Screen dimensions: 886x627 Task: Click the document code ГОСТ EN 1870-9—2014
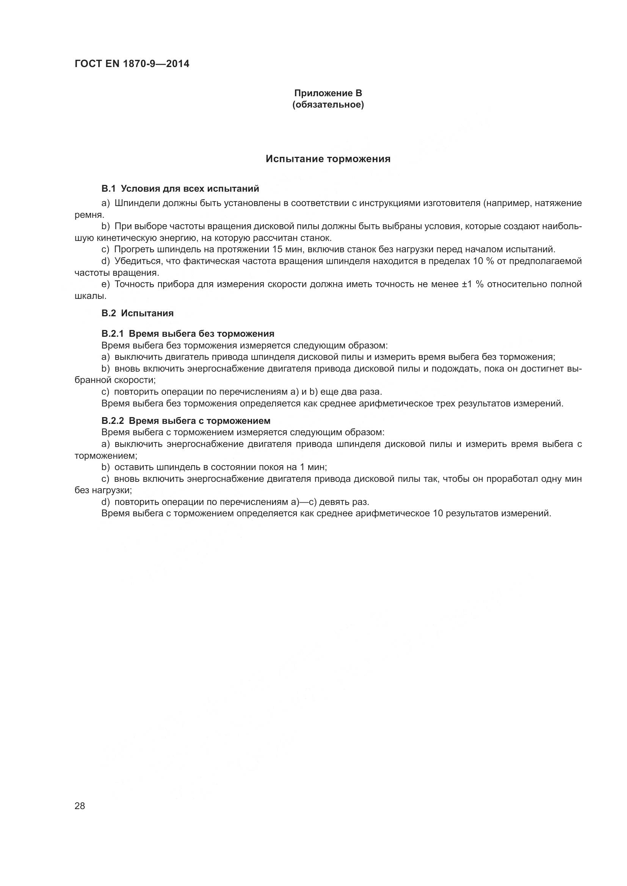pos(132,64)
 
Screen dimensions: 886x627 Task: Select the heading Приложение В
pos(328,93)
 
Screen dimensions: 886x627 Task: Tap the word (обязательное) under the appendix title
pos(328,105)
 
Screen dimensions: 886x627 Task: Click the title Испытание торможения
pos(328,159)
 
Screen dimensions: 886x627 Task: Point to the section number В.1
pos(108,189)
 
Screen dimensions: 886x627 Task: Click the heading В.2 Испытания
pos(138,313)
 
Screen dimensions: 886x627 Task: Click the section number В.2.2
pos(113,420)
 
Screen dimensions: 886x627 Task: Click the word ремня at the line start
pos(88,215)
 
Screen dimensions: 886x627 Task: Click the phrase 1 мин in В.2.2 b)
pos(312,467)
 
